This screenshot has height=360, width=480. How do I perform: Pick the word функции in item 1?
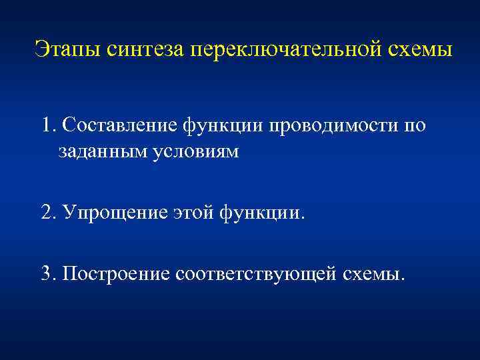pos(223,125)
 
